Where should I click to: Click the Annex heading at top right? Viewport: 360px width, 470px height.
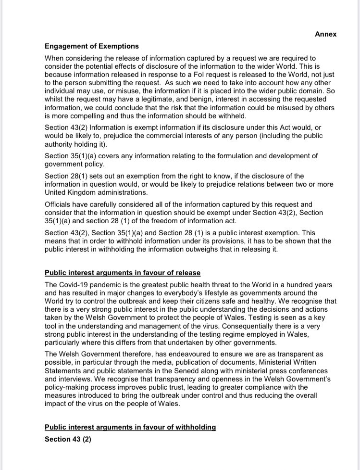click(325, 34)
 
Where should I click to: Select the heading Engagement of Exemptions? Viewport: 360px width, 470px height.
click(91, 46)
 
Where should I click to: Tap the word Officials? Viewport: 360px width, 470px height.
click(60, 204)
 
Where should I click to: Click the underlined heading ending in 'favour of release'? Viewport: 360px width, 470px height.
click(123, 273)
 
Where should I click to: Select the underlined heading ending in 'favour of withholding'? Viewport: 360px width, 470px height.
click(130, 427)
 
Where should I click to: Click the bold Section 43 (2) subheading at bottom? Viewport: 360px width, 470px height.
click(68, 439)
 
